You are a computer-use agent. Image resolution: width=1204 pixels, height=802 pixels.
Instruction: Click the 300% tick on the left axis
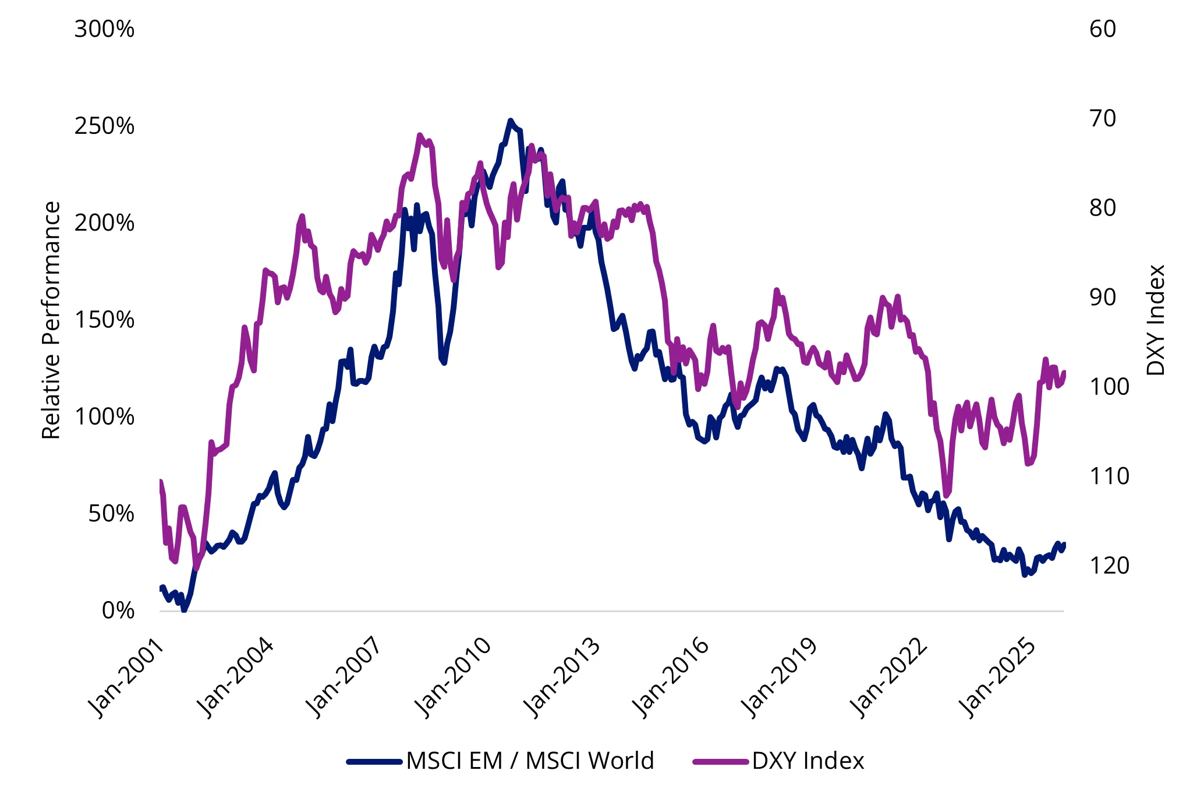104,29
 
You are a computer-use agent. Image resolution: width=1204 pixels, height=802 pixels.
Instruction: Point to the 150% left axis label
104,320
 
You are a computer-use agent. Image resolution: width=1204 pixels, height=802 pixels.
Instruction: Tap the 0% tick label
118,610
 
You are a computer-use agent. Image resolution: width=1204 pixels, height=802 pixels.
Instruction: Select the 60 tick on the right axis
1103,29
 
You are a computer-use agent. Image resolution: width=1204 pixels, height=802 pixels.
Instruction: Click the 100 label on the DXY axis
1109,387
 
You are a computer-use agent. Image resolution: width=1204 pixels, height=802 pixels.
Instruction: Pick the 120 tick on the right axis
1109,566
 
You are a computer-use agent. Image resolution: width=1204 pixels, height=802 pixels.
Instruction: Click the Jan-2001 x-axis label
125,679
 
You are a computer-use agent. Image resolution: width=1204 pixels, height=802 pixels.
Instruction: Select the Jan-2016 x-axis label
671,679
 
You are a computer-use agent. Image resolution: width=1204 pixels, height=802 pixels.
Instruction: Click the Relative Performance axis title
51,320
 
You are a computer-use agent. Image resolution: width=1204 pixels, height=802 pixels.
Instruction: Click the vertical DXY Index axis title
1156,320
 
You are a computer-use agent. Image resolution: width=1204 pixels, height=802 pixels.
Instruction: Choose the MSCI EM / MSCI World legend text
530,761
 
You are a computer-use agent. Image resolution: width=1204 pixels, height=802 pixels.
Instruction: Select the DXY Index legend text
808,761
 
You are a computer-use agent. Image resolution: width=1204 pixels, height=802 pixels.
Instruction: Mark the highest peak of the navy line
510,121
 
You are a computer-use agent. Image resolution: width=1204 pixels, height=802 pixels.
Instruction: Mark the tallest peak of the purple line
420,136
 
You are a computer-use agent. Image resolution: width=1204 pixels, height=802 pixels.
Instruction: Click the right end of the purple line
1064,372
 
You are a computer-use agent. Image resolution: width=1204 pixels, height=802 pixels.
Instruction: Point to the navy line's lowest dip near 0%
184,610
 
